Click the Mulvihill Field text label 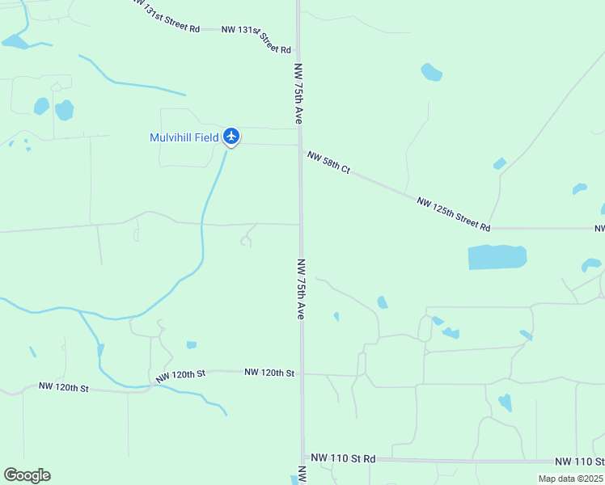click(184, 137)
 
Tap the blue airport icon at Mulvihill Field click(232, 136)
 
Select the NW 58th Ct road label click(328, 161)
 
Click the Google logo click(27, 475)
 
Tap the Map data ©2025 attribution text click(569, 479)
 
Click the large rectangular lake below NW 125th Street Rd click(497, 257)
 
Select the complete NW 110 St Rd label click(342, 458)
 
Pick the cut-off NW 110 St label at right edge click(579, 461)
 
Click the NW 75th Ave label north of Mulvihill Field click(299, 94)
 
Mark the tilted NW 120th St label click(181, 375)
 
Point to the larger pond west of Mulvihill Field click(64, 109)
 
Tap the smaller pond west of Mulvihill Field click(40, 106)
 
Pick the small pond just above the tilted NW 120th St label click(191, 345)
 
